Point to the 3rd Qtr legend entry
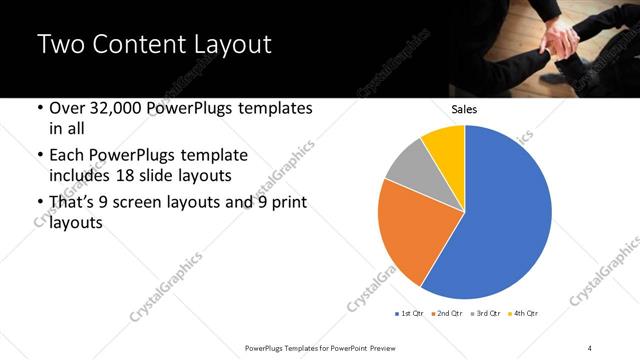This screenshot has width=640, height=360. [x=486, y=314]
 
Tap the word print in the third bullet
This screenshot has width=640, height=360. [x=286, y=204]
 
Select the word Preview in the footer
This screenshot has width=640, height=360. [x=391, y=347]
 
